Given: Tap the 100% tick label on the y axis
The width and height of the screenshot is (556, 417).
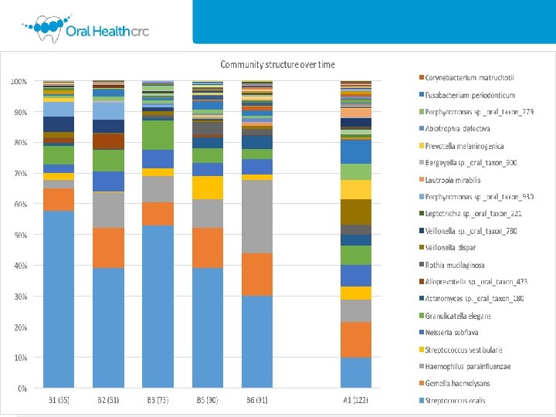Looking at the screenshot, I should (18, 80).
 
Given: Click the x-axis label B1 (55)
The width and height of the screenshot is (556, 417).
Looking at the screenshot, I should (59, 400).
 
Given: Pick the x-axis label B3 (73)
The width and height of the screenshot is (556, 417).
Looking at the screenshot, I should (158, 400).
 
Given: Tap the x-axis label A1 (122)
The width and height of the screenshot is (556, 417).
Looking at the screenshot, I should (356, 400).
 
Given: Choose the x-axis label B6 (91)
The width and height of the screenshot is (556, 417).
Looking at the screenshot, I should (256, 400).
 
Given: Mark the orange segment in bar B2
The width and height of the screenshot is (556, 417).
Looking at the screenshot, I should (108, 248).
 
